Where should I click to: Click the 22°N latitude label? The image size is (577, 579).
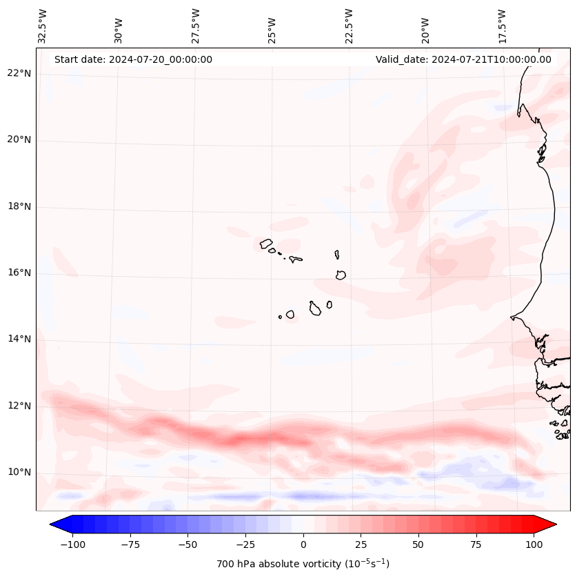(x=20, y=74)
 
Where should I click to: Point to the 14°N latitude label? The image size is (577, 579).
(x=20, y=339)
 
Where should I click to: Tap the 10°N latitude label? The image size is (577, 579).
(x=20, y=472)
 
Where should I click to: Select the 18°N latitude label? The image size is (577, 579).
(x=20, y=206)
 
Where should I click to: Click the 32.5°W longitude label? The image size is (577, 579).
(x=43, y=26)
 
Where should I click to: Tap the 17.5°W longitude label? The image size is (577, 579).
(x=503, y=26)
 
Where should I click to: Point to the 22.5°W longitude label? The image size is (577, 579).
(x=349, y=26)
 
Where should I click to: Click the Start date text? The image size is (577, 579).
(x=133, y=59)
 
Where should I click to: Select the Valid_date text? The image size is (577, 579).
(x=463, y=59)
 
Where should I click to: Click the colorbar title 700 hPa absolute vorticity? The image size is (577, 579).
(x=303, y=564)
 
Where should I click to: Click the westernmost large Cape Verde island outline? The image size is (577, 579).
(x=266, y=244)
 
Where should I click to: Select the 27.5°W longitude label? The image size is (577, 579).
(x=196, y=26)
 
